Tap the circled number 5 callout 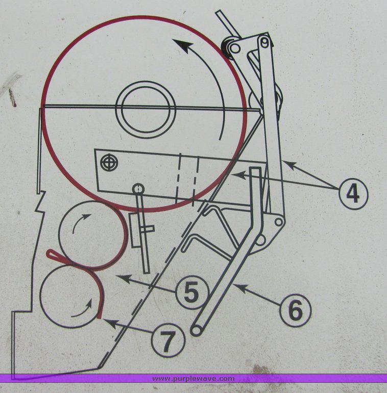[191, 293]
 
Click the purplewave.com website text [194, 378]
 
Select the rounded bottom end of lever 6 [195, 331]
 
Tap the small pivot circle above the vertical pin [138, 189]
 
